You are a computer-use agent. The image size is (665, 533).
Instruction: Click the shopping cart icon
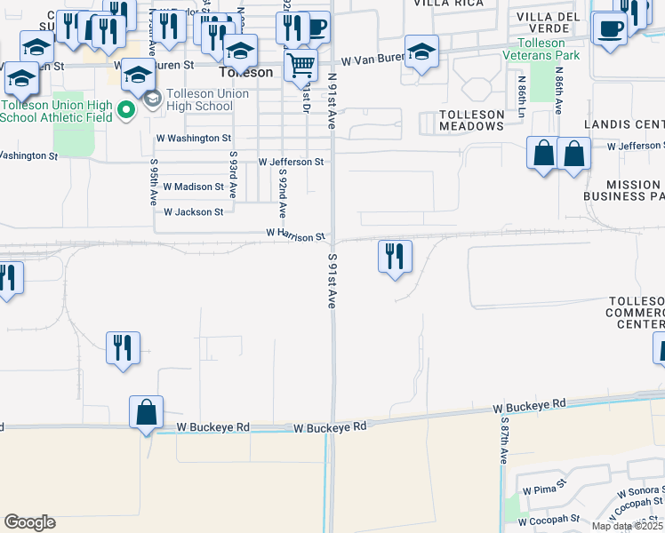[x=301, y=64]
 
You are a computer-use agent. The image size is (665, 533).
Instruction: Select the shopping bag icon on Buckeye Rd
[x=146, y=412]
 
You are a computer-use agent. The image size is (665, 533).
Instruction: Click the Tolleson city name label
[x=246, y=72]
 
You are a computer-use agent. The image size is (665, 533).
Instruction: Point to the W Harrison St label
[x=295, y=235]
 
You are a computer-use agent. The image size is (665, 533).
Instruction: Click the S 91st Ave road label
[x=332, y=280]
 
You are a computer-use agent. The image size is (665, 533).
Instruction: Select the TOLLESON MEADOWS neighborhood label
[x=471, y=120]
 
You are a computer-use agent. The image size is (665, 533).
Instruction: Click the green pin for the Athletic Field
[x=126, y=111]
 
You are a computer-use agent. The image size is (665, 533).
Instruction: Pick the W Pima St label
[x=539, y=490]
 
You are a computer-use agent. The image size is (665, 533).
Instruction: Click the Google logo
[x=29, y=522]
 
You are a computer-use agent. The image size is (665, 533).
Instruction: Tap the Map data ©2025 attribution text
[x=627, y=526]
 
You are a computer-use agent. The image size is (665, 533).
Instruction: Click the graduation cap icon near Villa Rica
[x=421, y=51]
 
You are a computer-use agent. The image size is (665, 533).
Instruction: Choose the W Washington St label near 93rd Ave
[x=194, y=139]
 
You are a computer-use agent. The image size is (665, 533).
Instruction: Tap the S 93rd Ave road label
[x=233, y=174]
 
